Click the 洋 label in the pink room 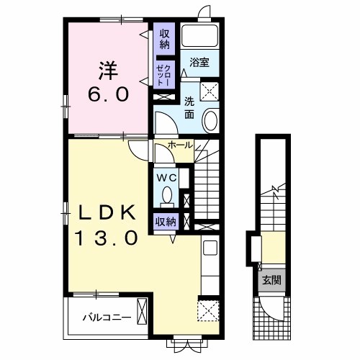pyautogui.click(x=108, y=71)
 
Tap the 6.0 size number pyautogui.click(x=109, y=94)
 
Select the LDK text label pyautogui.click(x=107, y=213)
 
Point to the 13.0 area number pyautogui.click(x=107, y=238)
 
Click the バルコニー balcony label pyautogui.click(x=107, y=318)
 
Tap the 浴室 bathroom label pyautogui.click(x=199, y=63)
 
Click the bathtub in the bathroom pyautogui.click(x=199, y=36)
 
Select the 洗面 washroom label pyautogui.click(x=189, y=109)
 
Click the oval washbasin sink pyautogui.click(x=210, y=120)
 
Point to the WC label pyautogui.click(x=166, y=178)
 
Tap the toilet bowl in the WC pyautogui.click(x=167, y=194)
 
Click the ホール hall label pyautogui.click(x=180, y=145)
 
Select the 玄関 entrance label pyautogui.click(x=271, y=280)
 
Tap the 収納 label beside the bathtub pyautogui.click(x=164, y=39)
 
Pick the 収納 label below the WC pyautogui.click(x=166, y=222)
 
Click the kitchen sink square pyautogui.click(x=210, y=248)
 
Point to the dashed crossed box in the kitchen pyautogui.click(x=208, y=310)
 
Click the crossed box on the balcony pyautogui.click(x=142, y=311)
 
